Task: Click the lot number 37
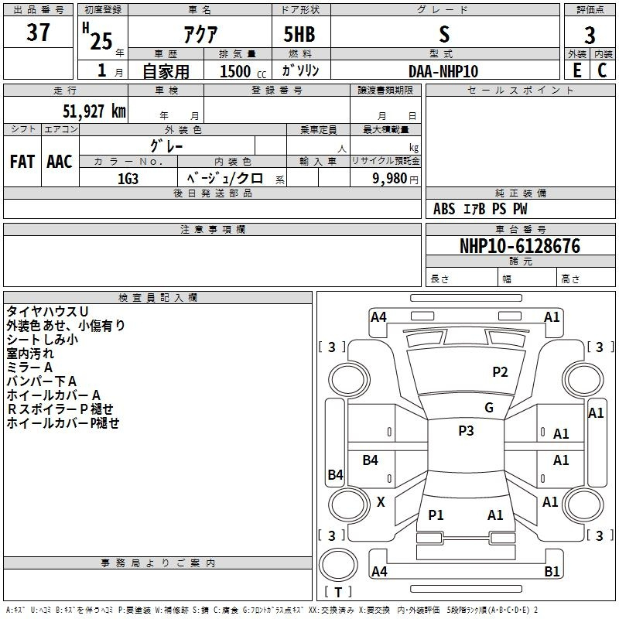point(38,32)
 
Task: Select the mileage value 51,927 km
point(94,111)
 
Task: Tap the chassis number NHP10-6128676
point(520,246)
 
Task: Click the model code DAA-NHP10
point(443,71)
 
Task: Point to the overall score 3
point(590,36)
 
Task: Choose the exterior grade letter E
point(577,70)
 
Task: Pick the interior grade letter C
point(602,70)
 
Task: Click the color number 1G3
point(128,179)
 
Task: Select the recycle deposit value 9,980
point(390,179)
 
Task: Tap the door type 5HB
point(299,34)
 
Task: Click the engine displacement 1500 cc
point(243,71)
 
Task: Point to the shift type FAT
point(22,162)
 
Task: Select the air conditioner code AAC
point(60,162)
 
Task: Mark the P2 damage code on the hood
point(500,372)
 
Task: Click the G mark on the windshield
point(489,408)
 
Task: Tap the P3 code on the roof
point(466,431)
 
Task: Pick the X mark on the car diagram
point(381,502)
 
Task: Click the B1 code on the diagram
point(552,571)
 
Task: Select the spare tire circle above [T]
point(338,565)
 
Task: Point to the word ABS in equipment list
point(444,209)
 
